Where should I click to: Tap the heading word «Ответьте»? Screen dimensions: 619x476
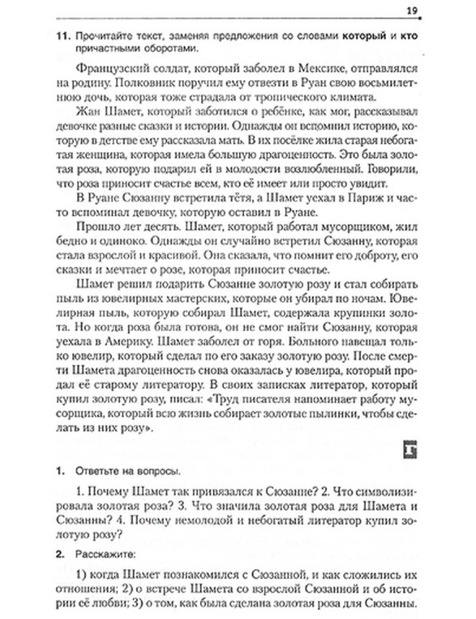tap(96, 472)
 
